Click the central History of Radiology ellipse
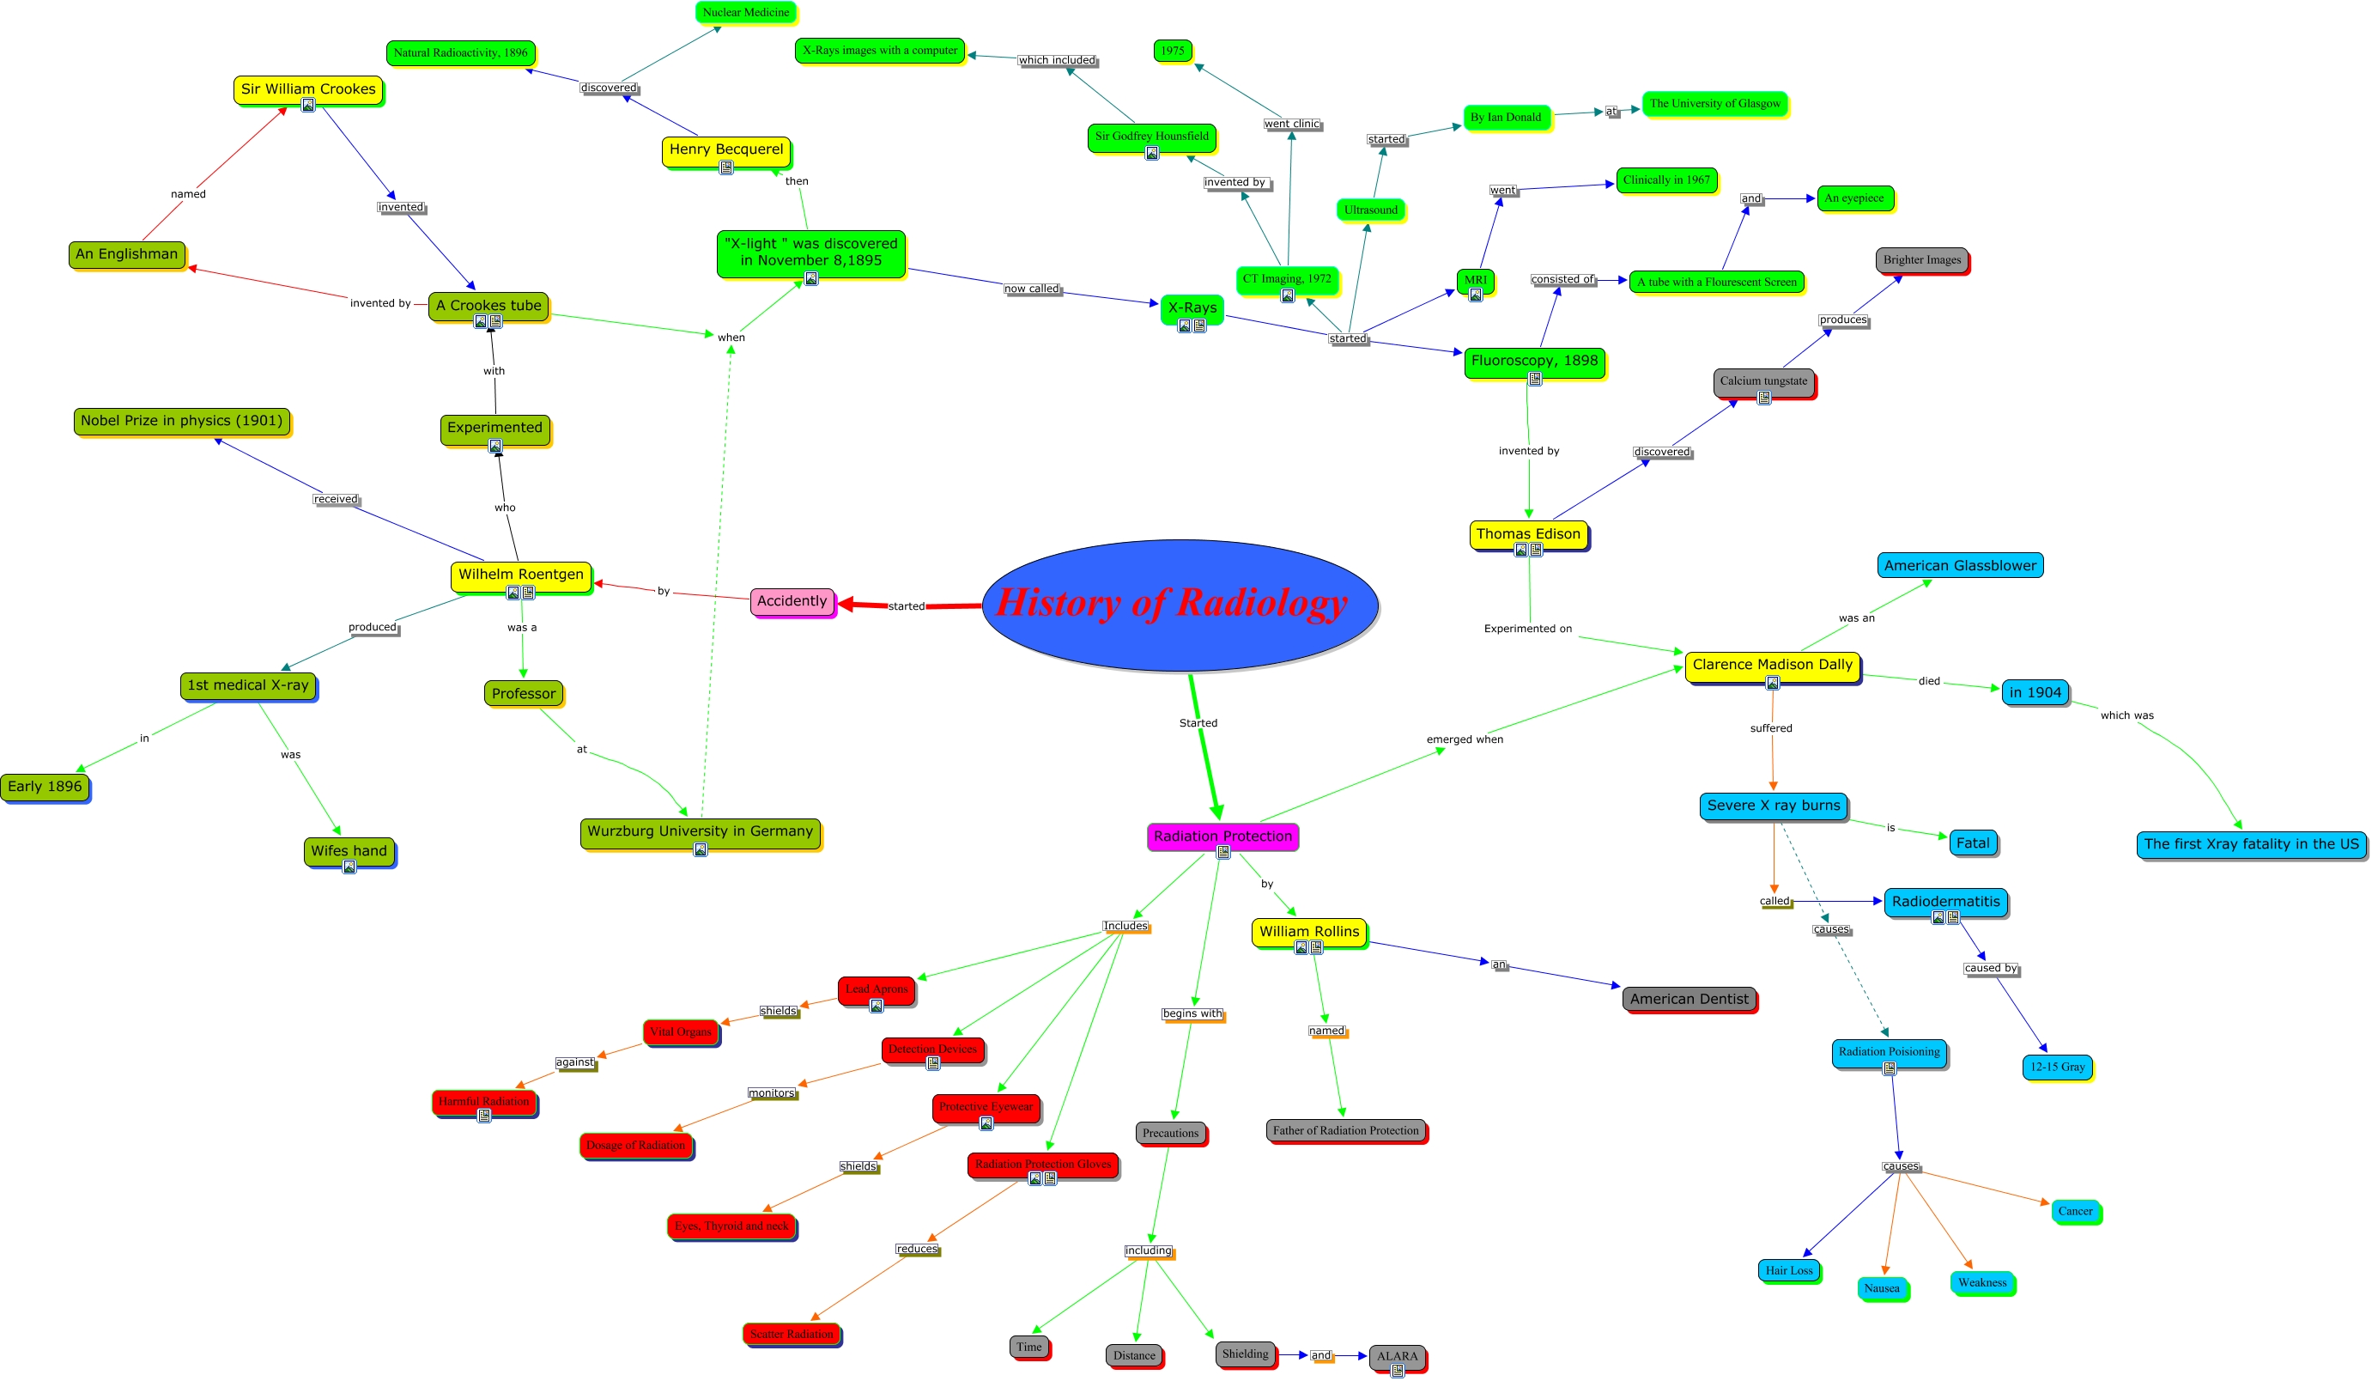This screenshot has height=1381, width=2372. coord(1180,605)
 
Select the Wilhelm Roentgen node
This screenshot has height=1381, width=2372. coord(520,575)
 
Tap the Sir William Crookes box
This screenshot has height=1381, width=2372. coord(308,89)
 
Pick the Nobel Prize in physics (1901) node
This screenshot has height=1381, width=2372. coord(182,421)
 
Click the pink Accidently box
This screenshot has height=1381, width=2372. coord(792,600)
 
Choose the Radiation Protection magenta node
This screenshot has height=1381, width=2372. coord(1222,836)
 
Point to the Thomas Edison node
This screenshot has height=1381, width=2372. coord(1528,533)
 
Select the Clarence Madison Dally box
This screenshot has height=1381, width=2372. coord(1771,665)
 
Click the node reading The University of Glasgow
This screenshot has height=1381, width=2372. coord(1714,104)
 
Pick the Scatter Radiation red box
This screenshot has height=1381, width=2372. coord(791,1334)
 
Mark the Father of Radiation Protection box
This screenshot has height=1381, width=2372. coord(1345,1130)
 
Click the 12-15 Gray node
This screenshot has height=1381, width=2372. coord(2057,1067)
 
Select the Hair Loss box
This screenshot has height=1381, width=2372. coord(1788,1270)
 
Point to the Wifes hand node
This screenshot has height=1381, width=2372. coord(349,851)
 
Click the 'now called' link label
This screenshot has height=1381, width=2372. coord(1032,289)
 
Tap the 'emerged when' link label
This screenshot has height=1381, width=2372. coord(1465,739)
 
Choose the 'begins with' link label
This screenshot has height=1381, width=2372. coord(1192,1014)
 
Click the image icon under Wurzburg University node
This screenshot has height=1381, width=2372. coord(701,850)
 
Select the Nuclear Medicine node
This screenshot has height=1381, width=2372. coord(745,12)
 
